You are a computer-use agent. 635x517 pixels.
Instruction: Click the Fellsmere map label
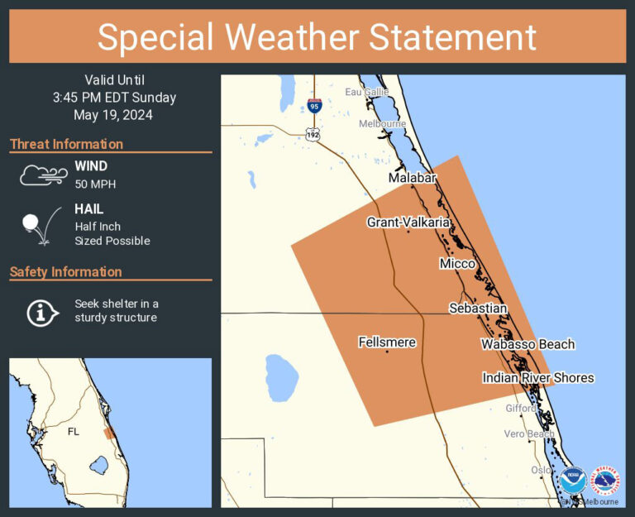(x=387, y=342)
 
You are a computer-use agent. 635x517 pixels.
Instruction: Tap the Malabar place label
(x=411, y=178)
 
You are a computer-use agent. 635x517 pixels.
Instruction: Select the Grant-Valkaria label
(x=408, y=222)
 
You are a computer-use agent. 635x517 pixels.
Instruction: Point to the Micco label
(x=457, y=263)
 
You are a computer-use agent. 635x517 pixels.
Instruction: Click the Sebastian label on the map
(x=478, y=308)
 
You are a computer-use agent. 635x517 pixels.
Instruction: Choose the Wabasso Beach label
(x=528, y=344)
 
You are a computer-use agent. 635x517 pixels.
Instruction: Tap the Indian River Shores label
(x=538, y=378)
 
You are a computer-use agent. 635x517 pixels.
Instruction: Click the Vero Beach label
(x=529, y=434)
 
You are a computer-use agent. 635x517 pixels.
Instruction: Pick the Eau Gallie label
(x=367, y=92)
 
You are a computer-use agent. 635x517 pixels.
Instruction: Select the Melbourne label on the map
(x=382, y=124)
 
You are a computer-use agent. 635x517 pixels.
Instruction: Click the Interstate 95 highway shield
(x=313, y=105)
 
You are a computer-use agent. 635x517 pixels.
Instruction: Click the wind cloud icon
(x=43, y=175)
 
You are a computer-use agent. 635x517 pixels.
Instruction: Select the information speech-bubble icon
(x=41, y=311)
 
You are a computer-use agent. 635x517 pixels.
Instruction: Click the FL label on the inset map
(x=74, y=432)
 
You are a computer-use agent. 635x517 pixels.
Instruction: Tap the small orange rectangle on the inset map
(x=109, y=433)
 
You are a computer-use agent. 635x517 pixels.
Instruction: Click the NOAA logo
(x=572, y=481)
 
